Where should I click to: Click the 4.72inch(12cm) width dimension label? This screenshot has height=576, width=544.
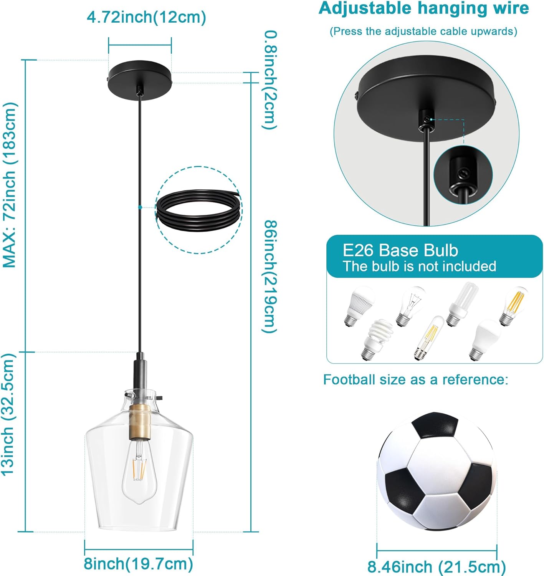click(x=146, y=17)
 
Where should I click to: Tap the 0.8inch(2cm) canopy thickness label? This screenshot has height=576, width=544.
click(x=270, y=80)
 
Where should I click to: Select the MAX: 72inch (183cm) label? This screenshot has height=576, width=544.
click(x=9, y=185)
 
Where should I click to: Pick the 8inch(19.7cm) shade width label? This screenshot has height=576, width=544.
click(x=138, y=564)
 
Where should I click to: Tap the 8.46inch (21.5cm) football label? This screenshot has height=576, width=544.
click(x=437, y=566)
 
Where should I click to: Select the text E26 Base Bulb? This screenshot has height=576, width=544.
click(x=400, y=250)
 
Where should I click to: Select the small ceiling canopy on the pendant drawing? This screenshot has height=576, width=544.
click(x=139, y=80)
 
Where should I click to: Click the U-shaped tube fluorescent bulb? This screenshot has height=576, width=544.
click(x=461, y=304)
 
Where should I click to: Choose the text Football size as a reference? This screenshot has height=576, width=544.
click(x=416, y=380)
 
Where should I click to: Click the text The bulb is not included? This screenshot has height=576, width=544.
click(x=419, y=266)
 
